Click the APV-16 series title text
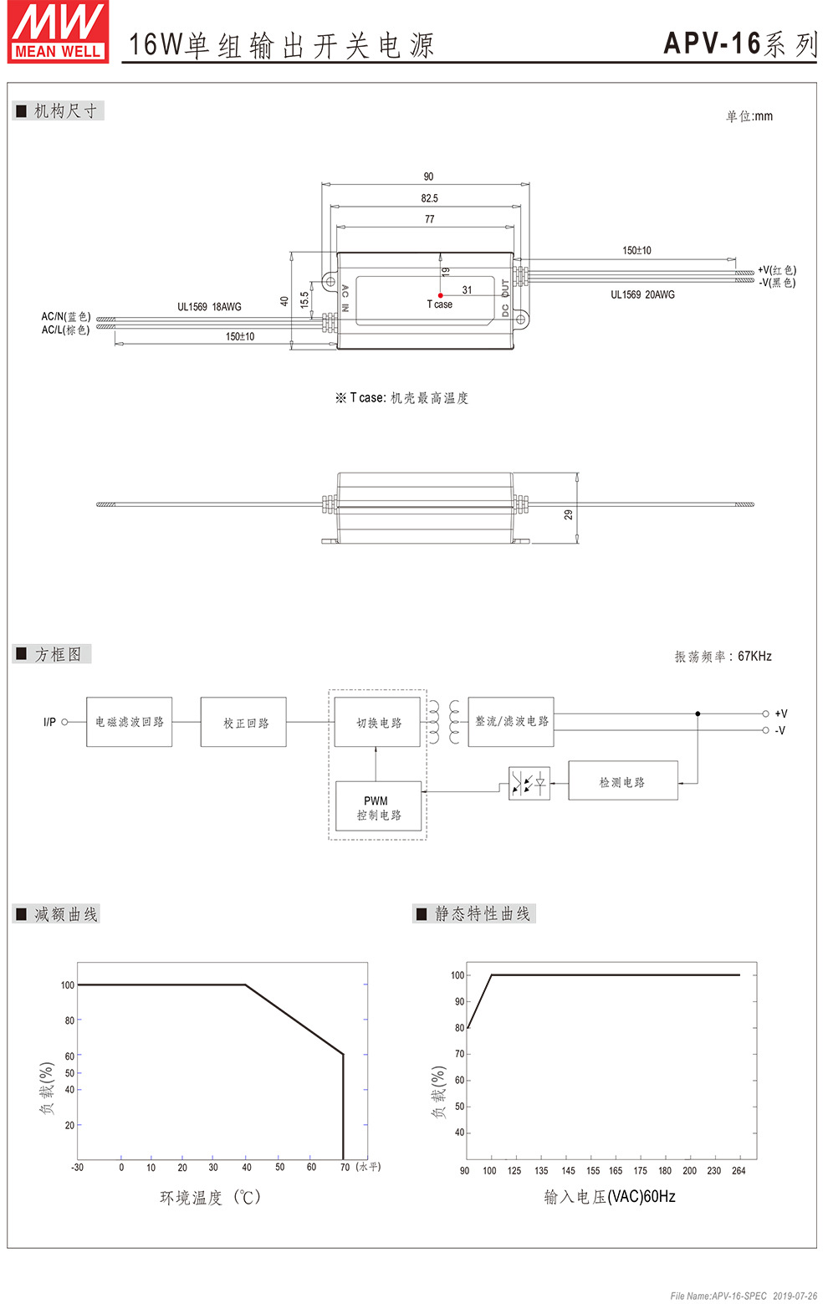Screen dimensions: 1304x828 point(739,43)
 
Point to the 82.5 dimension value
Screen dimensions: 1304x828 point(429,198)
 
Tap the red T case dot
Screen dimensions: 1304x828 point(441,295)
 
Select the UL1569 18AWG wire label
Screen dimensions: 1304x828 point(209,307)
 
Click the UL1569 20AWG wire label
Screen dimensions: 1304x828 point(642,294)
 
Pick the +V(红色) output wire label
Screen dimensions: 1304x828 point(777,270)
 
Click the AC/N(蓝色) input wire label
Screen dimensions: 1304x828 point(66,316)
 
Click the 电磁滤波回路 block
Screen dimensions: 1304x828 point(130,722)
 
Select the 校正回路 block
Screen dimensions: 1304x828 point(243,723)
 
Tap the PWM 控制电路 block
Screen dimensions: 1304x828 point(378,807)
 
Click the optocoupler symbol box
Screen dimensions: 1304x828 point(529,784)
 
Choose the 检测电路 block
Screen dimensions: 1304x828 point(622,782)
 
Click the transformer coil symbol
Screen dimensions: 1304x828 point(444,723)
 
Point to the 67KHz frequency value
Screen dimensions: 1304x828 point(754,657)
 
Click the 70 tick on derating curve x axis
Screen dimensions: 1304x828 point(345,1167)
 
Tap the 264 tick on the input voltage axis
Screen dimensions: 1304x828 point(739,1171)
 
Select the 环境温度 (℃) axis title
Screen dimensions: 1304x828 point(211,1198)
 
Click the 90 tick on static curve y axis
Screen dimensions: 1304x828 point(459,1001)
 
